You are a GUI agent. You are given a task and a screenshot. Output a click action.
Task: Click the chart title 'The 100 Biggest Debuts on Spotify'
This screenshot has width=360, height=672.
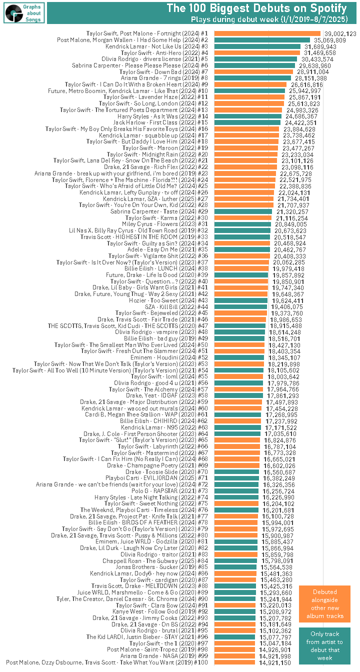pos(256,8)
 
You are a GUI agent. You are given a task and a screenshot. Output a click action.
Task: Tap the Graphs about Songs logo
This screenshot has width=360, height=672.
pos(23,12)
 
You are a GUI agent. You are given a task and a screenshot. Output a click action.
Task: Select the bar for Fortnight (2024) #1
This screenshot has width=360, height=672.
pos(267,33)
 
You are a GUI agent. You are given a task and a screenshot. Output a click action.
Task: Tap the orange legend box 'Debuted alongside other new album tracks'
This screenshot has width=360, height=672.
pos(324,603)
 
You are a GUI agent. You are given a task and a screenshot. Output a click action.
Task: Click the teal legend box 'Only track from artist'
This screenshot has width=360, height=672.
pos(324,645)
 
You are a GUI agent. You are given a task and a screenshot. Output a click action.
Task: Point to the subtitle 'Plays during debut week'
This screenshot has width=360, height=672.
pos(269,19)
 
